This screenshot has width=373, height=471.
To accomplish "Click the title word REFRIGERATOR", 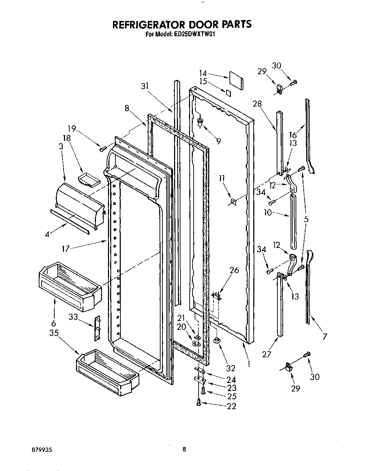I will [153, 24].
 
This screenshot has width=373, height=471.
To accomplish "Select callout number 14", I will [203, 73].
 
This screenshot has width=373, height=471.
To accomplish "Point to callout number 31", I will [145, 86].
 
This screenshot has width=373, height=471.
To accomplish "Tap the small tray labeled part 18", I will [89, 180].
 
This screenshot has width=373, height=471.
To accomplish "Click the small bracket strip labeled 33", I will [97, 328].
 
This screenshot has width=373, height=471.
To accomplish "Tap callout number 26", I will [234, 270].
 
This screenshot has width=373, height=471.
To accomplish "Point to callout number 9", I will [218, 141].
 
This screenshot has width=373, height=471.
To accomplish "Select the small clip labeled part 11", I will [234, 201].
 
